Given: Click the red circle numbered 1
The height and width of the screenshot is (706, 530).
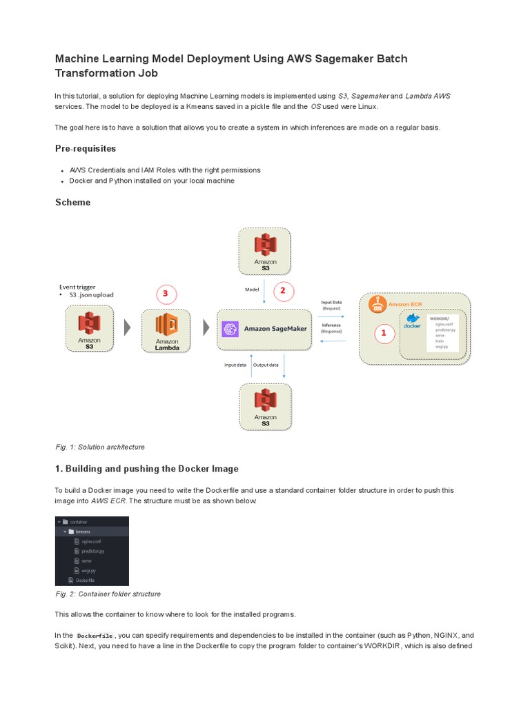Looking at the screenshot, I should [x=384, y=334].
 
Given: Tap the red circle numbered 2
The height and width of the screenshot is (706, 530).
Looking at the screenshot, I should [x=282, y=291].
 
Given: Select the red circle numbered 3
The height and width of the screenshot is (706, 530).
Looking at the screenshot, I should [x=166, y=294].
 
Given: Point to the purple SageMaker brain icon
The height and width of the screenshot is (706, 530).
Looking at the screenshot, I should [x=230, y=329].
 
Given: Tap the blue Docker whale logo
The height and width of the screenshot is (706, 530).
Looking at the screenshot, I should [x=413, y=319].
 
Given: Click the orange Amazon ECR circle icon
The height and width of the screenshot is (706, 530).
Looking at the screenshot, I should [x=377, y=303].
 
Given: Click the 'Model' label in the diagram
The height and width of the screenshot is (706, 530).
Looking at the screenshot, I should [x=252, y=290].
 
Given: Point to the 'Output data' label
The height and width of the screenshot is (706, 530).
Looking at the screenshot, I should [x=266, y=365].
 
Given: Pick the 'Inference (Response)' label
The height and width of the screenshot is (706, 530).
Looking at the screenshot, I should [x=331, y=327].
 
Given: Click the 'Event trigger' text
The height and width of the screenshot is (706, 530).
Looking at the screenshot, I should [x=77, y=287].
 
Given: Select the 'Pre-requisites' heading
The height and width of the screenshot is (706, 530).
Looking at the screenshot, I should [x=86, y=148].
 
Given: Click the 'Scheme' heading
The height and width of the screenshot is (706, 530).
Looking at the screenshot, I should [x=72, y=202].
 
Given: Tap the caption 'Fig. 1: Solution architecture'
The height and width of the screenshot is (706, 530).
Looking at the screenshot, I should [x=100, y=447].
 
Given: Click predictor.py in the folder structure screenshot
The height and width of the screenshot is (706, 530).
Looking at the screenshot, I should [x=93, y=551].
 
